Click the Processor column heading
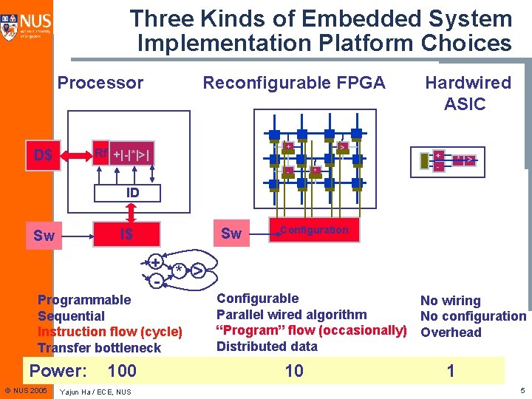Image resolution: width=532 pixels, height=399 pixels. coord(100,83)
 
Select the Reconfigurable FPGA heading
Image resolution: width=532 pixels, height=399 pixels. coord(294,83)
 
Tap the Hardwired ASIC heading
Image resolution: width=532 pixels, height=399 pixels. coord(467,93)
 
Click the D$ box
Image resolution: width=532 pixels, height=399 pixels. coord(44,155)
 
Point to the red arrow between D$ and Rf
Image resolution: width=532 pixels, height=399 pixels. coord(75,155)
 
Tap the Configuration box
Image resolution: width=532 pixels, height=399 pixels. coord(313,231)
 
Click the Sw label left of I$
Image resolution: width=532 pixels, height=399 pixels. coord(44,236)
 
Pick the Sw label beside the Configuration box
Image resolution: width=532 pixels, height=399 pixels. coord(231,234)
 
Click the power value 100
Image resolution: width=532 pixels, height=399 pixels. coord(121,370)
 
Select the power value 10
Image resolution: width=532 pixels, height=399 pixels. coord(294,371)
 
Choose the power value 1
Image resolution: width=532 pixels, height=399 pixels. coord(451,371)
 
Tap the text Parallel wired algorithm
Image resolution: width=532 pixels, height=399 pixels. coord(291,315)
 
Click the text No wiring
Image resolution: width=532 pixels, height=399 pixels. coord(450,301)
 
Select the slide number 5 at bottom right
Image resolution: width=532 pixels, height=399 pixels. coord(522,390)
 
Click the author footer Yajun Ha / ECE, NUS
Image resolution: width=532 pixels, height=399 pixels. coord(95,392)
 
